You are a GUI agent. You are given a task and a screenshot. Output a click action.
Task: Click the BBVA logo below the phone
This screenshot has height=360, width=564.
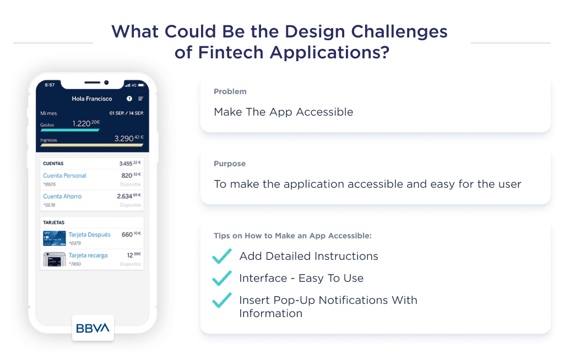[x=93, y=328]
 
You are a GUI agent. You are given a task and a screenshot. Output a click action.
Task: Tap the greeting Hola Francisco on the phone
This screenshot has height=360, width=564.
[x=92, y=99]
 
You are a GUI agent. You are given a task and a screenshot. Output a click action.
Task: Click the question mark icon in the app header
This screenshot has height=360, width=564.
[x=129, y=99]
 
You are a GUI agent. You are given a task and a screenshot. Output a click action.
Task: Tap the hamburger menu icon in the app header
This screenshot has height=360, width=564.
[x=140, y=99]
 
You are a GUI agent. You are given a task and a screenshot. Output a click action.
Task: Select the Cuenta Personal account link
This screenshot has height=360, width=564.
[x=64, y=176]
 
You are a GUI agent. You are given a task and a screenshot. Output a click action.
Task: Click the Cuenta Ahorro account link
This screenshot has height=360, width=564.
[x=62, y=197]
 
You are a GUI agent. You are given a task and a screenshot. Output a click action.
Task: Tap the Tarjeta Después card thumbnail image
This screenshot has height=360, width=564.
[x=55, y=238]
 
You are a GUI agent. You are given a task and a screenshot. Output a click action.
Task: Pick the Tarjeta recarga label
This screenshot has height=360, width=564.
[x=88, y=255]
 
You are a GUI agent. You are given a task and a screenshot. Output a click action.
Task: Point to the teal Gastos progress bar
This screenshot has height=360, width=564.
[x=69, y=130]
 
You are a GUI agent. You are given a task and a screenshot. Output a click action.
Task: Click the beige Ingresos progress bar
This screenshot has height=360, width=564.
[x=91, y=145]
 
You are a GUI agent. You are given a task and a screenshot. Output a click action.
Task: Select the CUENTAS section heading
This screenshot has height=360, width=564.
[x=53, y=164]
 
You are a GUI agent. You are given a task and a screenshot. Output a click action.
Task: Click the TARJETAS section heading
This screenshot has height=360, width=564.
[x=54, y=223]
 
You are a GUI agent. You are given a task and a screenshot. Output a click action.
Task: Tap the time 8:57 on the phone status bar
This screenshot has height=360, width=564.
[x=50, y=85]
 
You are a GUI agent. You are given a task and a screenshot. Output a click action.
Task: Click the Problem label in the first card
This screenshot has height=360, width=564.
[x=230, y=91]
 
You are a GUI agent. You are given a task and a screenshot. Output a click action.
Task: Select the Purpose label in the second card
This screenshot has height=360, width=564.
[x=230, y=163]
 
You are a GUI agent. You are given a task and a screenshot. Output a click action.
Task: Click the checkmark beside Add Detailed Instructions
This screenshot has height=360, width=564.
[x=221, y=256]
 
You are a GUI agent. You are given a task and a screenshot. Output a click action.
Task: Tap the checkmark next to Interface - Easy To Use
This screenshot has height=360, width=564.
[x=221, y=278]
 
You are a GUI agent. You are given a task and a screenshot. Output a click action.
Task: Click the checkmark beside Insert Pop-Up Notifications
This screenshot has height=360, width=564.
[x=221, y=300]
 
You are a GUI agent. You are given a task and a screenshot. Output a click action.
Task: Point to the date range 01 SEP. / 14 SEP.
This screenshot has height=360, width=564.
[x=126, y=113]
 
